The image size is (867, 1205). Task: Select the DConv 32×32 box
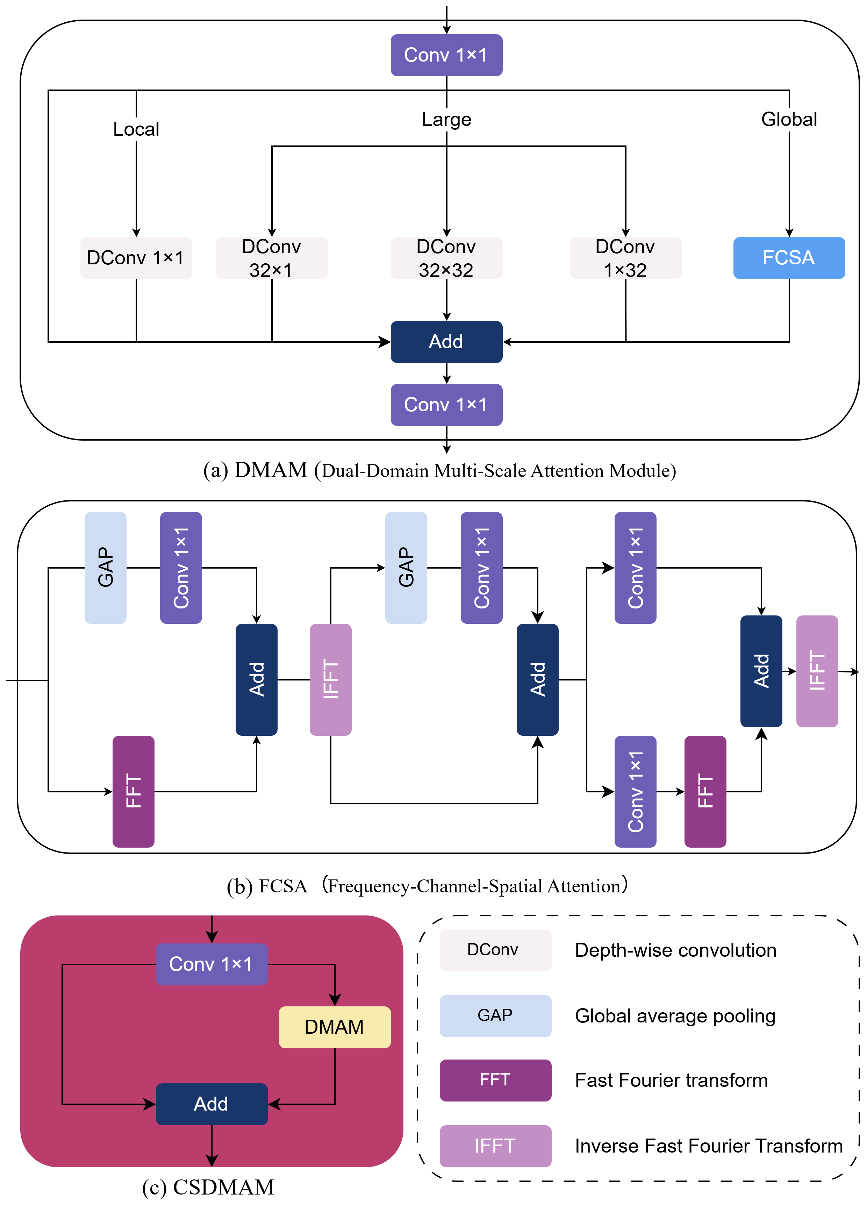pyautogui.click(x=446, y=258)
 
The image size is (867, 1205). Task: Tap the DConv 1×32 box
pyautogui.click(x=625, y=258)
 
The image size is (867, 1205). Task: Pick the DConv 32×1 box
pyautogui.click(x=272, y=258)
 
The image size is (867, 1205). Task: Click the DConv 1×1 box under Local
pyautogui.click(x=136, y=258)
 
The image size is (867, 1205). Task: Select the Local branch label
pyautogui.click(x=136, y=129)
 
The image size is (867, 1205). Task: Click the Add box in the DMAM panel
pyautogui.click(x=446, y=342)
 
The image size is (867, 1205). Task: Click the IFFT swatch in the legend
pyautogui.click(x=495, y=1146)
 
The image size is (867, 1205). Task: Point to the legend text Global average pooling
pyautogui.click(x=675, y=1015)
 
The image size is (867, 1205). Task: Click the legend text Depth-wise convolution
pyautogui.click(x=675, y=950)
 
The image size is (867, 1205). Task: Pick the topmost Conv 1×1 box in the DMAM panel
pyautogui.click(x=446, y=55)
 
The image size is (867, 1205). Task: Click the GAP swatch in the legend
pyautogui.click(x=495, y=1015)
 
